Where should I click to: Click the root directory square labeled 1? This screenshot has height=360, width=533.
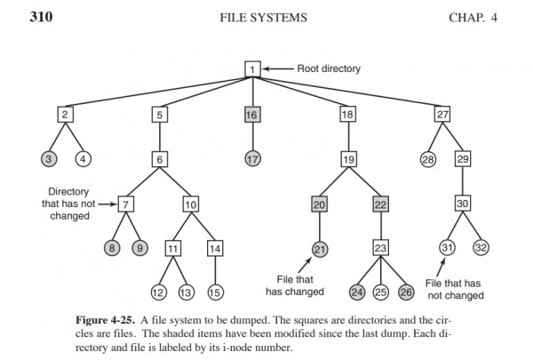pos(252,68)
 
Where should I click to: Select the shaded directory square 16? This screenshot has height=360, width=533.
pos(252,114)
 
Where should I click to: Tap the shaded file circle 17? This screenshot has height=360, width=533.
pos(252,159)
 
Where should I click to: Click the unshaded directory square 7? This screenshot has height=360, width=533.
pos(127,204)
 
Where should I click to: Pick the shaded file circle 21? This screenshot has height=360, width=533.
pos(321,248)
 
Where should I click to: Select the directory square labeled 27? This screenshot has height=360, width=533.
pos(442,114)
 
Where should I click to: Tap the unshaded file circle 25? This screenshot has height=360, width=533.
pos(382,291)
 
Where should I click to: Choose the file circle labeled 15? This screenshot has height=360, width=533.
pos(215,291)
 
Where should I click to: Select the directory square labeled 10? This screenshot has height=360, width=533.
pos(190,204)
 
